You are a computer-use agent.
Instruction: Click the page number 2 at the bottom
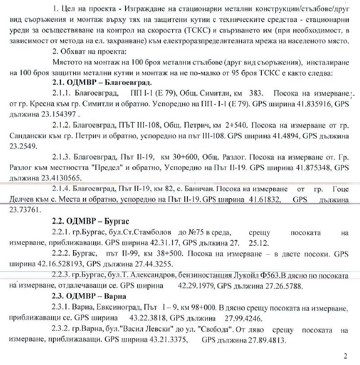coord(345,356)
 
